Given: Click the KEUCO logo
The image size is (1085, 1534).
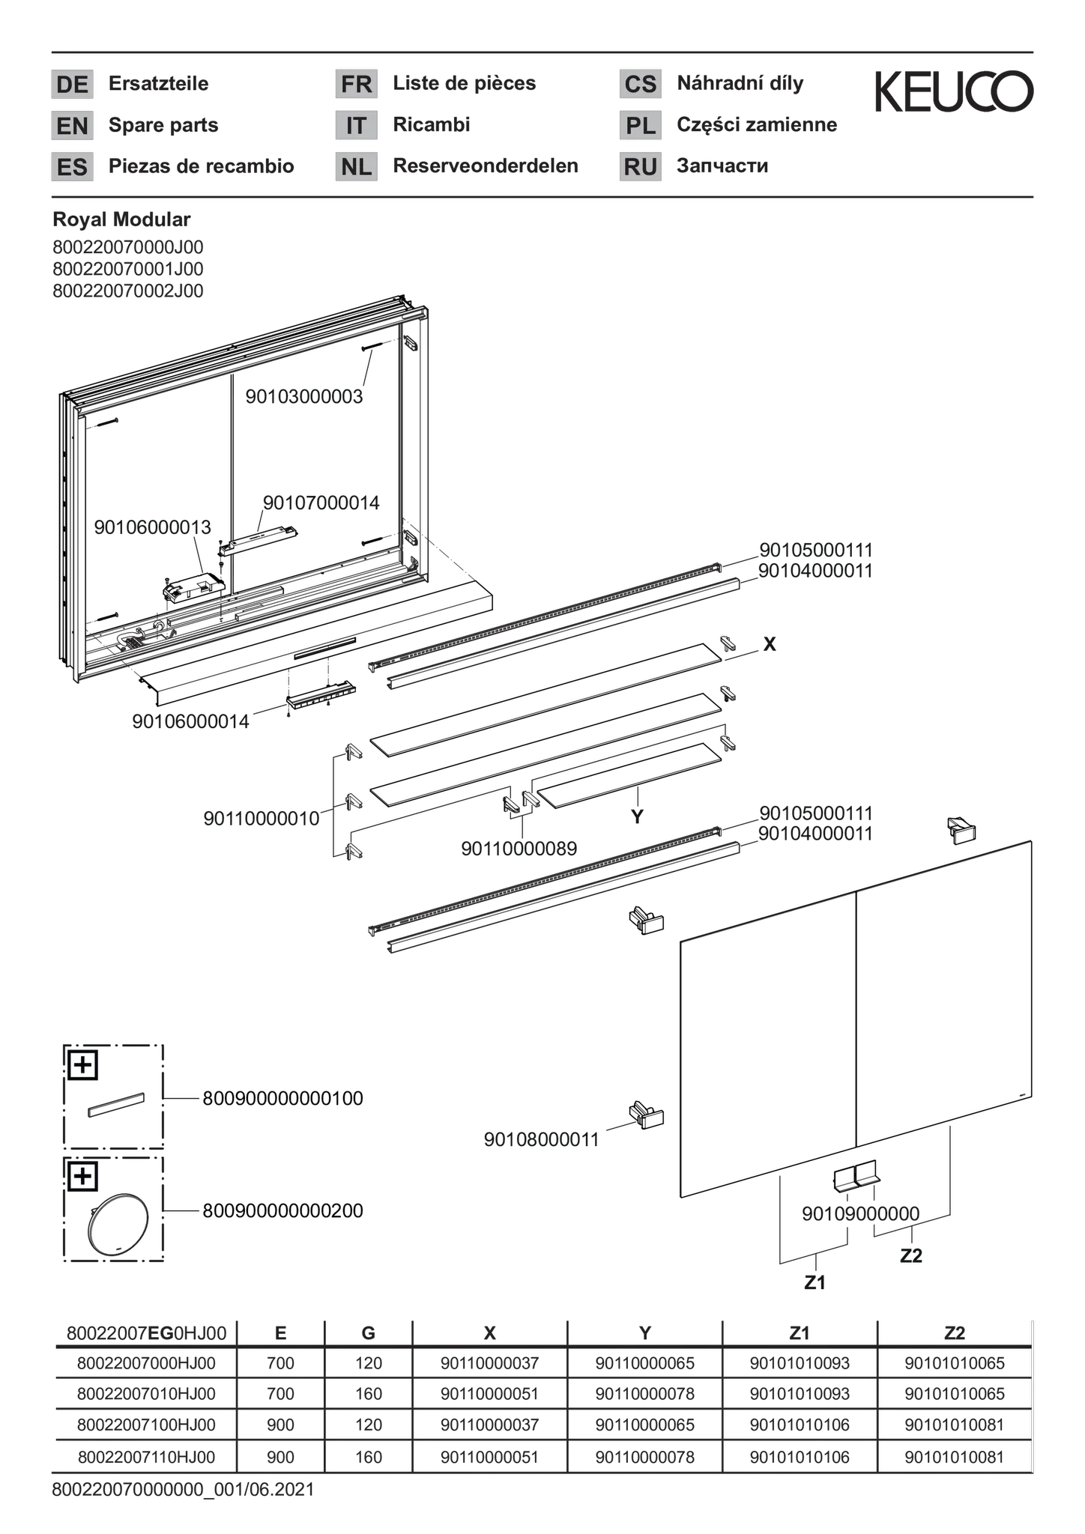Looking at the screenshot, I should click(955, 91).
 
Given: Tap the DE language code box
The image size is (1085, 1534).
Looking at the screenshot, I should click(72, 84).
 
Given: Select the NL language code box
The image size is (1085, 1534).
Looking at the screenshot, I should click(356, 166).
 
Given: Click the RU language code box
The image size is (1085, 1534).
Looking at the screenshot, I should click(640, 166).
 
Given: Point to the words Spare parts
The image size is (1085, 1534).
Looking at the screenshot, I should click(163, 125).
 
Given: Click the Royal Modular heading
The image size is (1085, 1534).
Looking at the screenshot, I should click(121, 219).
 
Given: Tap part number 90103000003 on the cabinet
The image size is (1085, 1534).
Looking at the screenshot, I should click(304, 397).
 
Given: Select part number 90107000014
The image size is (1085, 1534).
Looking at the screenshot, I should click(321, 503).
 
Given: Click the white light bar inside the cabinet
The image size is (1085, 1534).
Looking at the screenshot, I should click(259, 541).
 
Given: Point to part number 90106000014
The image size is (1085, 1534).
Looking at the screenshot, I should click(190, 722).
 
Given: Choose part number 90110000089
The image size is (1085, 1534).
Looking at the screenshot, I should click(519, 849).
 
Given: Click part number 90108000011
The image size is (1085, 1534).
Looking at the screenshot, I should click(542, 1140).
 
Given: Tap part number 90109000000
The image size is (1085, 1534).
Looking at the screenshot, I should click(860, 1214).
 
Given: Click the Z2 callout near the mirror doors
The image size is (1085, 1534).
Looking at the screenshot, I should click(910, 1256).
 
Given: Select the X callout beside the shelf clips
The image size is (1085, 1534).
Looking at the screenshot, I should click(770, 644).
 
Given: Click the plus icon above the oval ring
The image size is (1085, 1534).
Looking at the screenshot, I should click(82, 1177).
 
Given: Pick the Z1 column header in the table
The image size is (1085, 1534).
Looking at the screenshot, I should click(800, 1333).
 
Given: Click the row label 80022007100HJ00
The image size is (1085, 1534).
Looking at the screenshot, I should click(146, 1425).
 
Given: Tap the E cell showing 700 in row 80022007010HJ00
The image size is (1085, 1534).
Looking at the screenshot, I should click(280, 1394).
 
